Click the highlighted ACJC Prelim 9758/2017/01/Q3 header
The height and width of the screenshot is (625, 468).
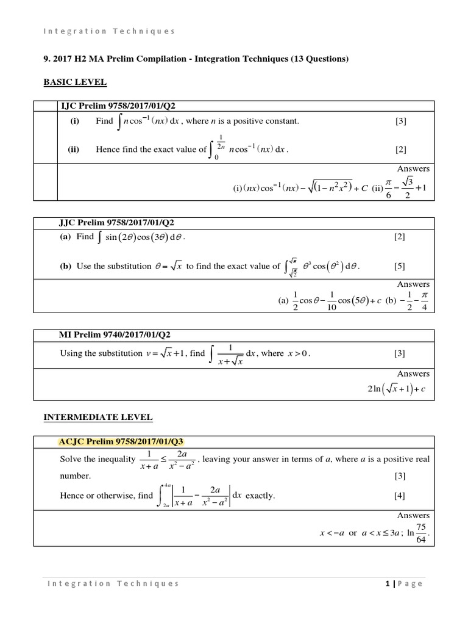pyautogui.click(x=121, y=442)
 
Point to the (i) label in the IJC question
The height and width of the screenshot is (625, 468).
pyautogui.click(x=75, y=121)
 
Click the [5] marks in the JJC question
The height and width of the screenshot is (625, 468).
pyautogui.click(x=400, y=266)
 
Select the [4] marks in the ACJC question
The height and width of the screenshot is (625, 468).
pyautogui.click(x=400, y=495)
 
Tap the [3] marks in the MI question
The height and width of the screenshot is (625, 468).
pyautogui.click(x=400, y=353)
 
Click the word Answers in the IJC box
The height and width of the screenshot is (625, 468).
pyautogui.click(x=413, y=168)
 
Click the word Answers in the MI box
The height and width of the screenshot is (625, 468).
pyautogui.click(x=413, y=374)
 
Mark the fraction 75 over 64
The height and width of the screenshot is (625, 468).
pyautogui.click(x=421, y=533)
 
